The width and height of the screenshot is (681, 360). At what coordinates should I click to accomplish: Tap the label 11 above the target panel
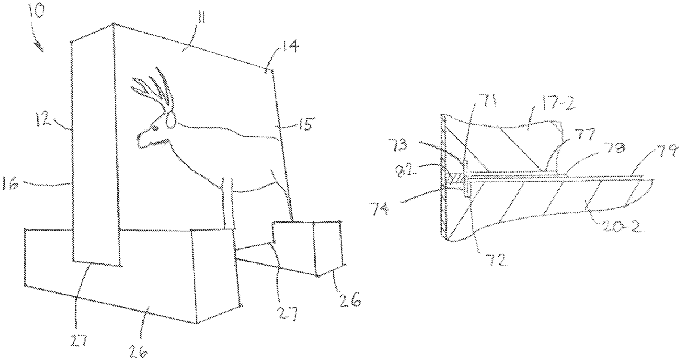pyautogui.click(x=201, y=19)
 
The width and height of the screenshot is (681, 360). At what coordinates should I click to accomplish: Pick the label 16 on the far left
pyautogui.click(x=10, y=184)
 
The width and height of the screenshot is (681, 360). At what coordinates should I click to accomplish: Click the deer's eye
pyautogui.click(x=155, y=128)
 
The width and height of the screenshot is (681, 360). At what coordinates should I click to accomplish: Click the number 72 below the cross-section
pyautogui.click(x=499, y=259)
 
